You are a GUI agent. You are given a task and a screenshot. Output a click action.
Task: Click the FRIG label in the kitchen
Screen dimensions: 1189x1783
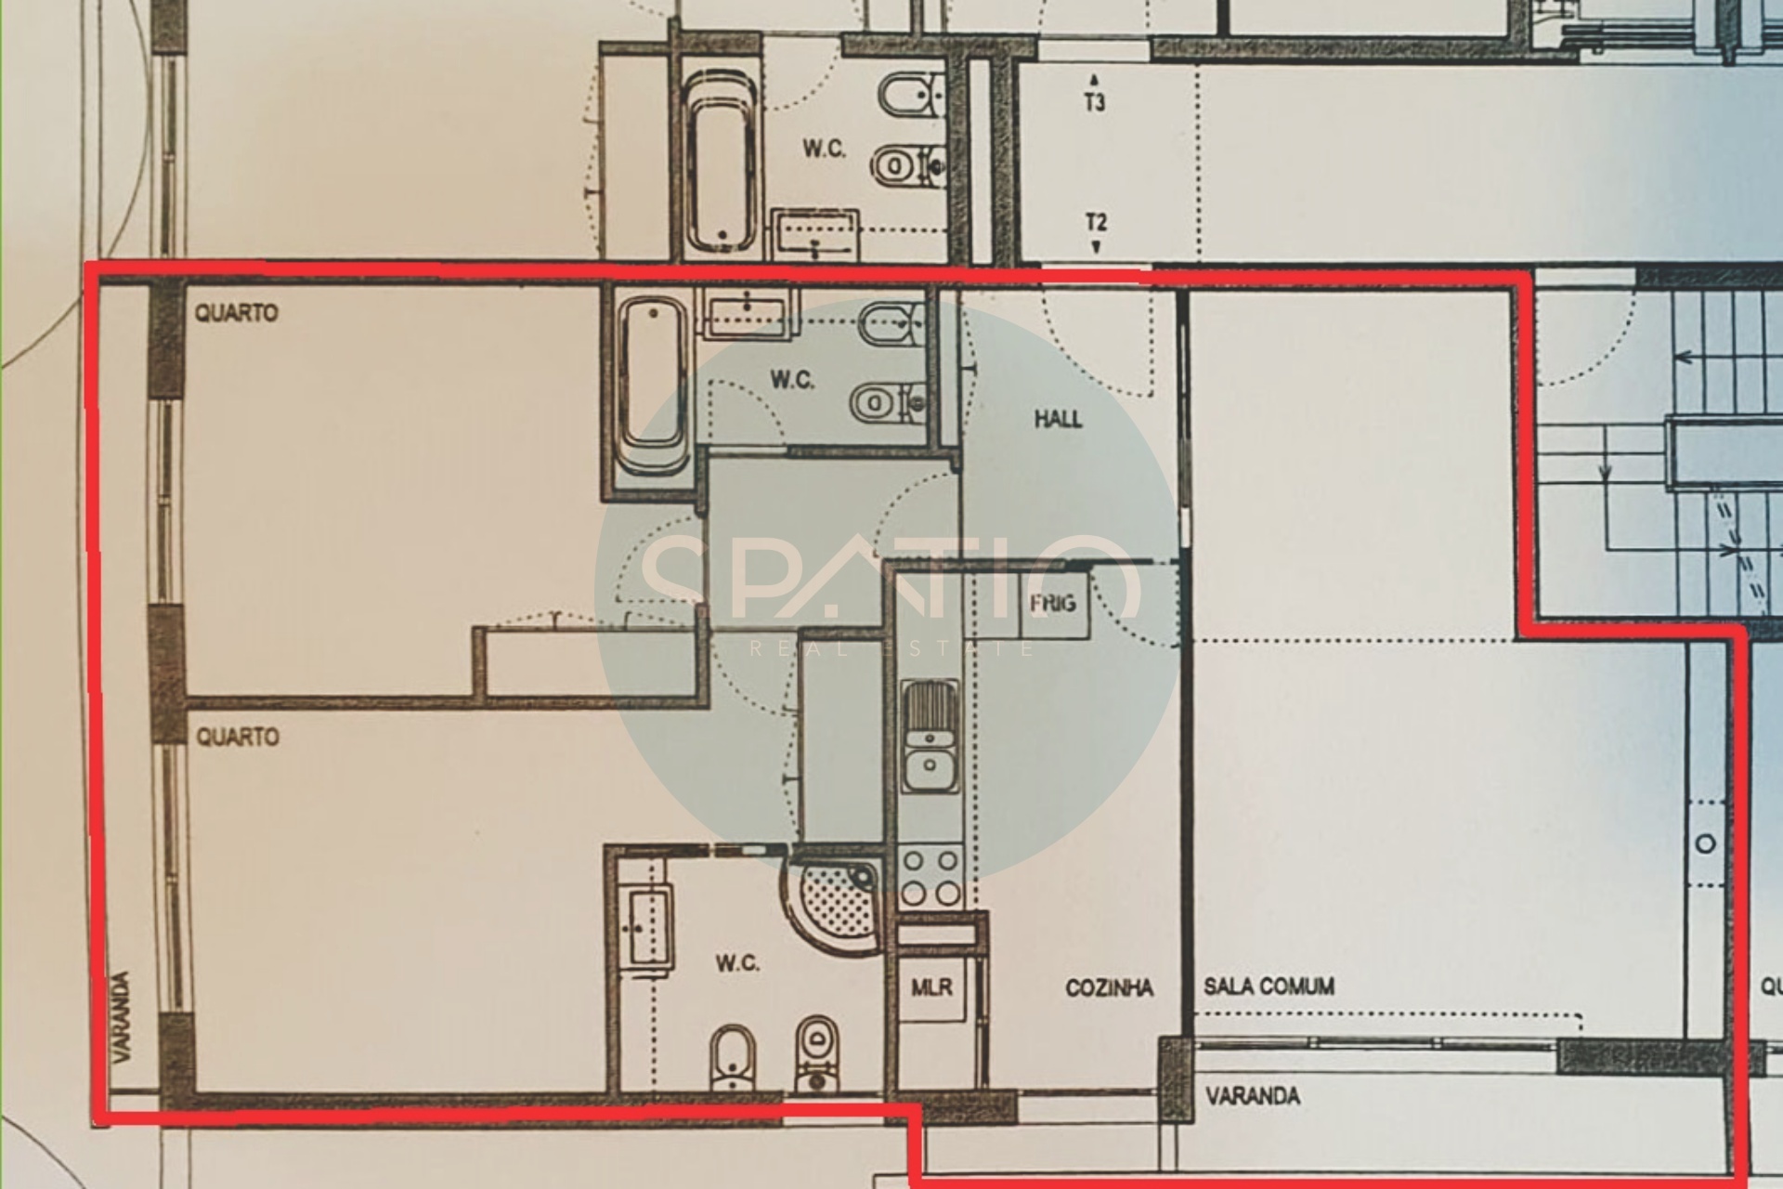coord(1052,604)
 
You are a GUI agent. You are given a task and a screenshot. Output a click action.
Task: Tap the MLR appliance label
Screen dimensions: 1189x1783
coord(931,986)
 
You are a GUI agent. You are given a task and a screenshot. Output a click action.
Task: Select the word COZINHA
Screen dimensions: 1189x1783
coord(1109,987)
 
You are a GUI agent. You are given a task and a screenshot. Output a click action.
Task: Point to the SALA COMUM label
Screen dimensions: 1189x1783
coord(1269,986)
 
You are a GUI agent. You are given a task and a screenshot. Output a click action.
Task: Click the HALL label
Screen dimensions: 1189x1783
coord(1058,419)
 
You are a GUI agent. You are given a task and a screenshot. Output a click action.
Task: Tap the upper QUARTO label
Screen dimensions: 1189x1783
coord(236,313)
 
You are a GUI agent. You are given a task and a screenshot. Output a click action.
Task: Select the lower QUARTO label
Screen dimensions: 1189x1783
coord(237,738)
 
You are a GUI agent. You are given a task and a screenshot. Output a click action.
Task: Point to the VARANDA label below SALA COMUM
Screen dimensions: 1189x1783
coord(1252,1096)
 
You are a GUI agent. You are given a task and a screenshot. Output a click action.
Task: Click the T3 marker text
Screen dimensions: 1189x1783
coord(1095,101)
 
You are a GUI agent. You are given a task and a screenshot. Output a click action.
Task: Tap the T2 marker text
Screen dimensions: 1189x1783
coord(1096,223)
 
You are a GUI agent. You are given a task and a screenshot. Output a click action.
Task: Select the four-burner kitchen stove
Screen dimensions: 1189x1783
coord(931,877)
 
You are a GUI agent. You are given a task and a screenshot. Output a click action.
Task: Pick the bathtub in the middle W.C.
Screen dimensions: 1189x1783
coord(654,385)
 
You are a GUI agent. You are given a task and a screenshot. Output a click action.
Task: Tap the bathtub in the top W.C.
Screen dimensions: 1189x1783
coord(720,163)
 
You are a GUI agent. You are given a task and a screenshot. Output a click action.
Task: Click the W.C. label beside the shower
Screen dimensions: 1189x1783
coord(737,963)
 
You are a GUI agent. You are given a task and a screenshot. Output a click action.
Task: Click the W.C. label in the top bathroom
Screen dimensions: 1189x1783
coord(824,149)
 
